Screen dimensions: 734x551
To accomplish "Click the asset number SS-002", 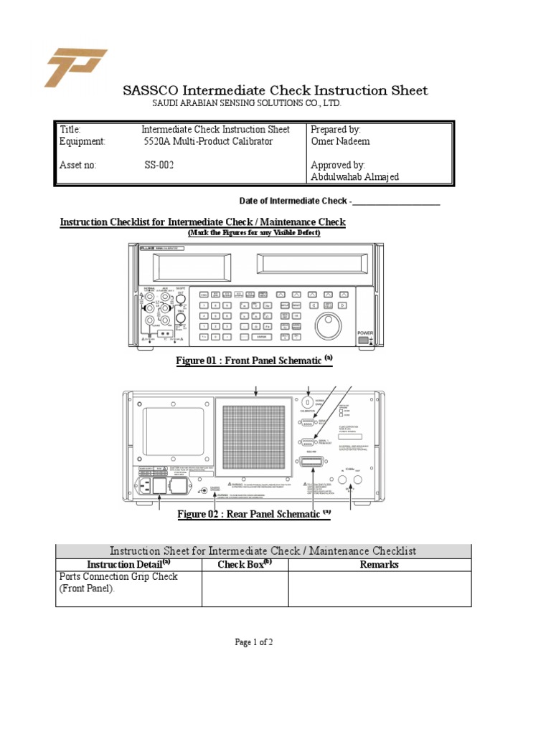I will [159, 165].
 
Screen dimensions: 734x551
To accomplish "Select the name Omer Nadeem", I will [340, 141].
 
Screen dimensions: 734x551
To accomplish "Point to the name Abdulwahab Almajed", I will [354, 177].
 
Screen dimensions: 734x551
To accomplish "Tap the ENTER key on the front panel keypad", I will [261, 335].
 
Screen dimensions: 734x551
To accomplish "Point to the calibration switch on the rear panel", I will [309, 404].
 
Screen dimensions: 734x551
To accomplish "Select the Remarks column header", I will [380, 565].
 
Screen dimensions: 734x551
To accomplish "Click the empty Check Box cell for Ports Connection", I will [245, 588].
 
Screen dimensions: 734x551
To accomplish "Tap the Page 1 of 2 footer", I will [254, 642].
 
